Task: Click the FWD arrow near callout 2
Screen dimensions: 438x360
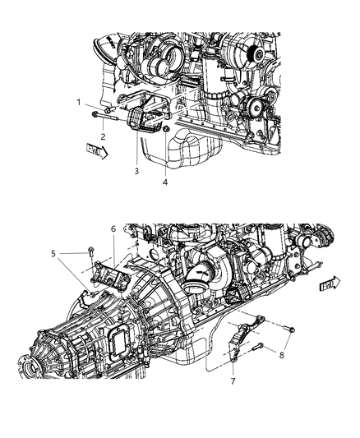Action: click(x=95, y=150)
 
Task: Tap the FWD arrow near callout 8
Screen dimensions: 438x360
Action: click(x=330, y=284)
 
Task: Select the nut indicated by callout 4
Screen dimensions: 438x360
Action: click(x=167, y=131)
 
